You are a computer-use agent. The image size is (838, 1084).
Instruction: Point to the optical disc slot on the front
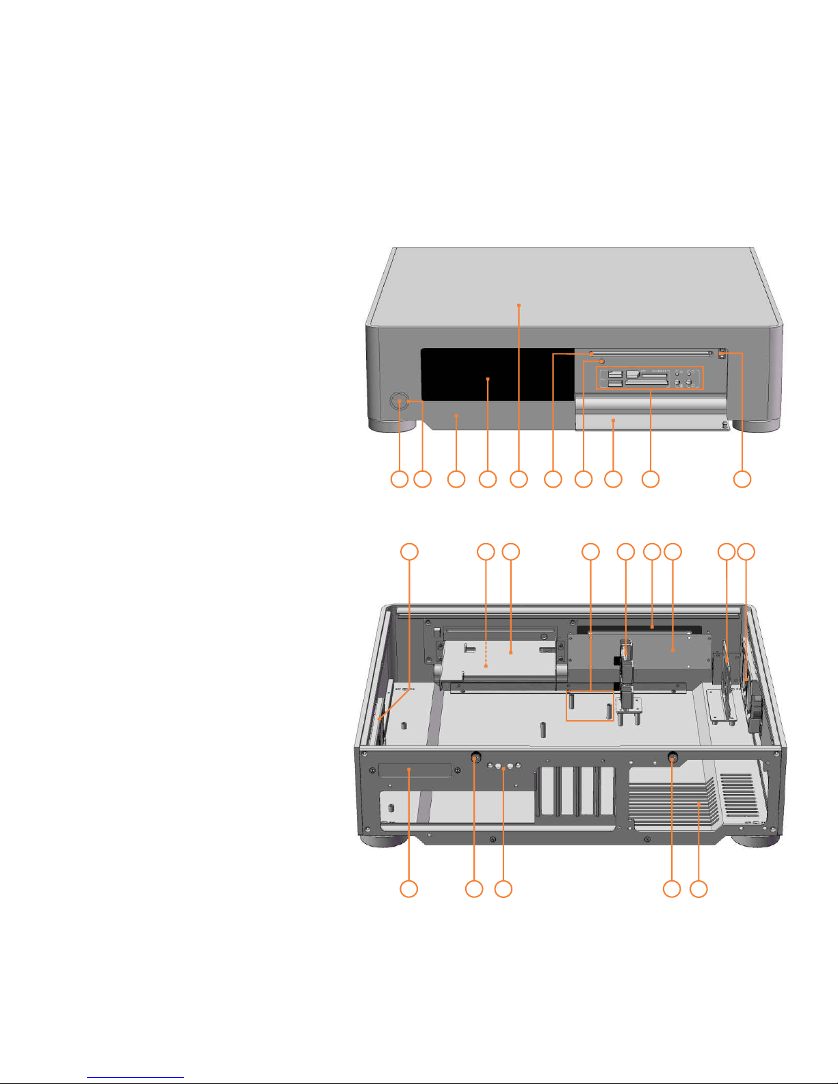[x=650, y=356]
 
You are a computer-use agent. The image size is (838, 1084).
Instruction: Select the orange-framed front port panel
[x=650, y=378]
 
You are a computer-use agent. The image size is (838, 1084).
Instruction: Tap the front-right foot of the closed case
[x=757, y=425]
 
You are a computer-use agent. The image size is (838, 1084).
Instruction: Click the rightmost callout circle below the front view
[x=742, y=479]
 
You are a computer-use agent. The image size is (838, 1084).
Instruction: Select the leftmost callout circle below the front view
[x=399, y=479]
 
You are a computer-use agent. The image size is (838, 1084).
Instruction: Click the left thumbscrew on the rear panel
[x=476, y=758]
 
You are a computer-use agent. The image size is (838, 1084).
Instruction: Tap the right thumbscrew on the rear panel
[x=672, y=758]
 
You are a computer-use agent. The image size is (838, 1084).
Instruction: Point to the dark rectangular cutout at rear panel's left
[x=415, y=771]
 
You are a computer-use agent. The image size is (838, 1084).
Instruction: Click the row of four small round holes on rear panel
[x=504, y=767]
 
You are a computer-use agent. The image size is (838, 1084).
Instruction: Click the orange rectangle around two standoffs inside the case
[x=590, y=706]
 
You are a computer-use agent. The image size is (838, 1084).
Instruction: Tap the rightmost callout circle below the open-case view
[x=698, y=889]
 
